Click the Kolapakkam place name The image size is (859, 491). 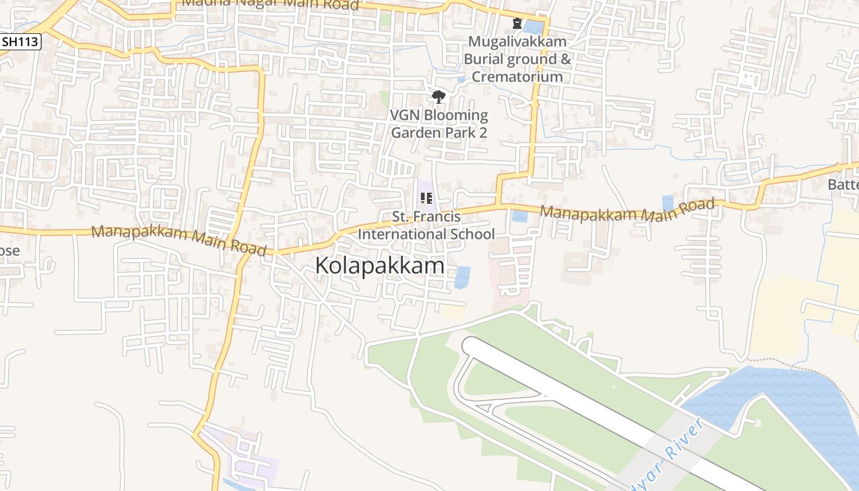(x=380, y=266)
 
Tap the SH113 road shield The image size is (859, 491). (x=20, y=42)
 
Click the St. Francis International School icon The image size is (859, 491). (x=426, y=198)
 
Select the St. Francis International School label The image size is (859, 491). (x=426, y=225)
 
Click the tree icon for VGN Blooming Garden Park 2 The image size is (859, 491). (x=438, y=96)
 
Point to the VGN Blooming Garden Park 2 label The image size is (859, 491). (x=439, y=123)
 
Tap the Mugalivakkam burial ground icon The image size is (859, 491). (x=517, y=23)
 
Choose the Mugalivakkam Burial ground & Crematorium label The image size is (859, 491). (x=517, y=59)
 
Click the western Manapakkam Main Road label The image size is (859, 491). (x=179, y=241)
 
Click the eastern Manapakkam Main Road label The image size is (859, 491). (x=627, y=211)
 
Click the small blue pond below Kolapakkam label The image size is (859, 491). (x=462, y=277)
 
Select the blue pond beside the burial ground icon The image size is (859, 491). (x=533, y=27)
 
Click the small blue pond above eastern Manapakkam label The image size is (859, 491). (x=668, y=202)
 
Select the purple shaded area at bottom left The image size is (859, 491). (x=245, y=454)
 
